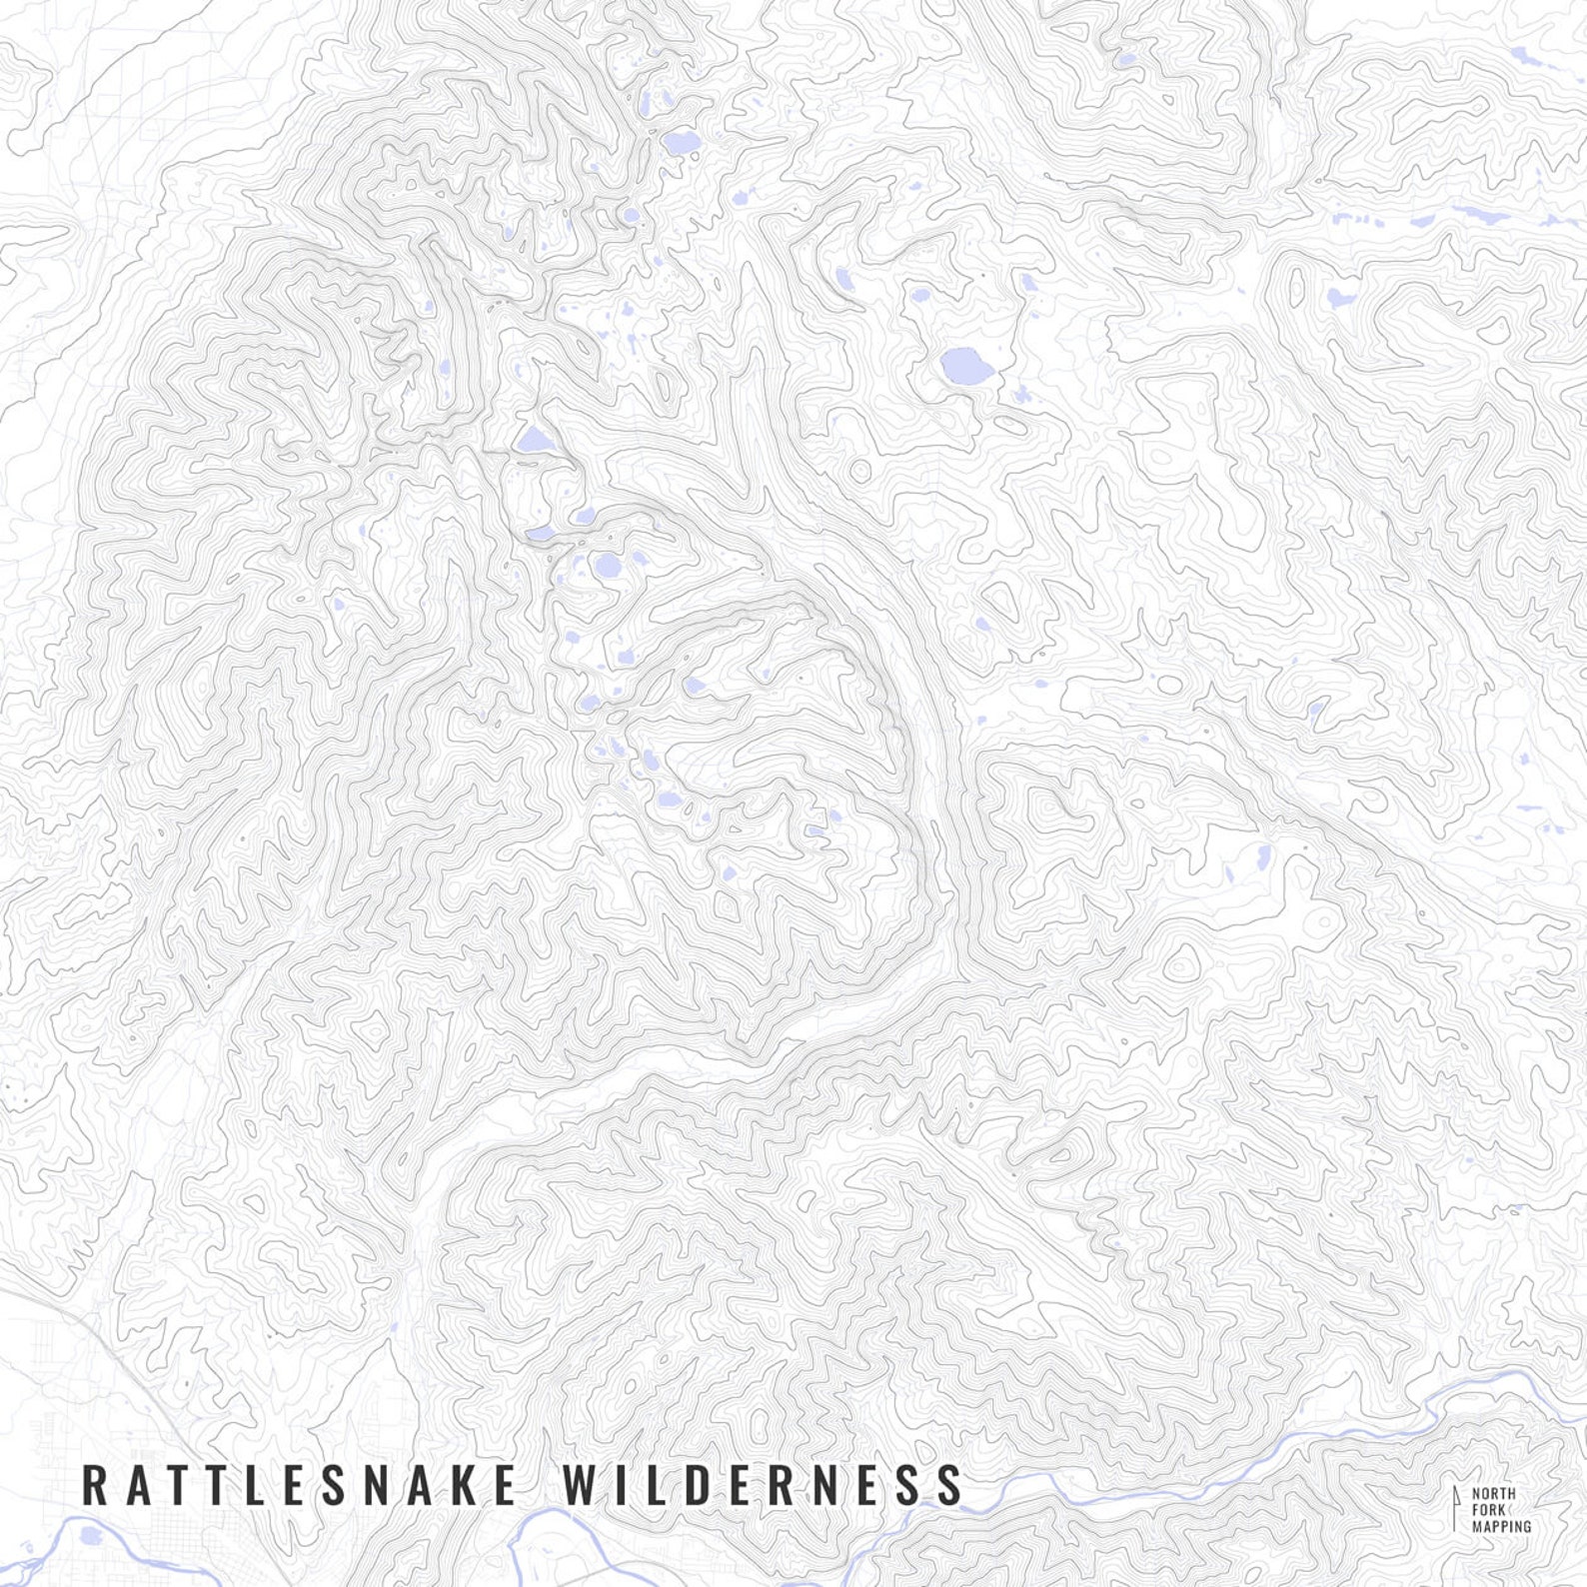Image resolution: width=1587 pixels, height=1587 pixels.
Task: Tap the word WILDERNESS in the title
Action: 763,1484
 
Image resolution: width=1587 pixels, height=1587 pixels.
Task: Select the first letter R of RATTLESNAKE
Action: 93,1484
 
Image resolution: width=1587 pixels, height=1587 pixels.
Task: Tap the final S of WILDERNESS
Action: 949,1484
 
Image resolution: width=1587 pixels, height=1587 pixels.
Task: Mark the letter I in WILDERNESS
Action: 623,1484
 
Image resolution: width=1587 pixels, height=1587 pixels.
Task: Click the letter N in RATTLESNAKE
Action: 373,1484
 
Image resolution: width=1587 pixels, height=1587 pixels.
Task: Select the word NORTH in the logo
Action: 1493,1494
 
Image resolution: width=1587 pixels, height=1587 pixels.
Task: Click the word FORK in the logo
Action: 1488,1510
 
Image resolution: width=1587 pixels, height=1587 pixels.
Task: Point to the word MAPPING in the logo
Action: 1501,1527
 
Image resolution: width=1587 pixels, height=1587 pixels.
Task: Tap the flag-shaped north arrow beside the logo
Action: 1456,1507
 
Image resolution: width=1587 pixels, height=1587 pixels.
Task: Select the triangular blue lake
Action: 533,439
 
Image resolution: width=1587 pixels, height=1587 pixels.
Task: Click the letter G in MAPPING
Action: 1526,1527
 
